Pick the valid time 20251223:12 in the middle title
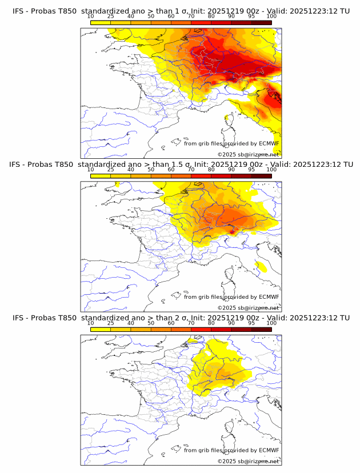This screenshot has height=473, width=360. tap(321, 165)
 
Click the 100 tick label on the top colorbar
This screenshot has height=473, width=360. tap(271, 17)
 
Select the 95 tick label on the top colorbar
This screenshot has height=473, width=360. tap(251, 17)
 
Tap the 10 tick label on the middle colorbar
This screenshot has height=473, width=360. tap(91, 170)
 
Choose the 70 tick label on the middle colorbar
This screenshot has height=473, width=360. tap(191, 170)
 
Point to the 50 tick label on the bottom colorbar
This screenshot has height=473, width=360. tap(151, 323)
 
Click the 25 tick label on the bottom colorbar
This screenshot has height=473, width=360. tap(111, 323)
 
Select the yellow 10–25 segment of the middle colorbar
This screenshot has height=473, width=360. tap(101, 176)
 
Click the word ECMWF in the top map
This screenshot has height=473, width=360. tap(269, 144)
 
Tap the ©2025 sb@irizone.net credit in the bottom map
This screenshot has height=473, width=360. tap(248, 461)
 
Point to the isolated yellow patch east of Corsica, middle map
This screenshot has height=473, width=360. tap(261, 266)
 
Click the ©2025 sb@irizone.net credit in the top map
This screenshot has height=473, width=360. tap(248, 155)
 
